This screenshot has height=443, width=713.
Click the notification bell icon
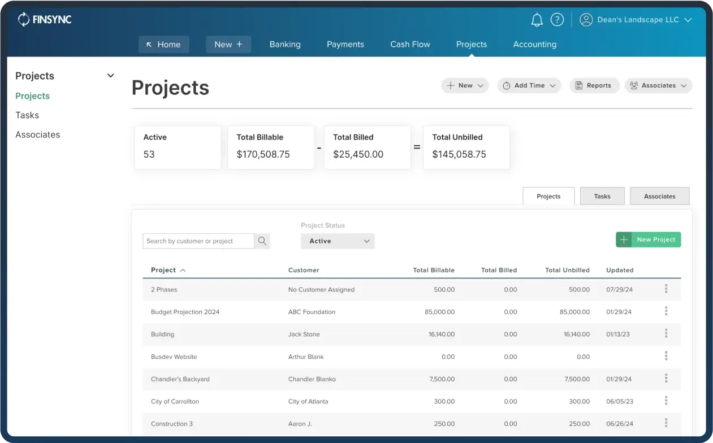pos(537,20)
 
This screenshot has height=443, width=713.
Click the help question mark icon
pos(557,20)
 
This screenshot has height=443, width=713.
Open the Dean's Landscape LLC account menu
pos(636,20)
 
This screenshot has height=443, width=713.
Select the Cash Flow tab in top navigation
pos(410,44)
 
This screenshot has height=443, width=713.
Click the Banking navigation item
pos(285,44)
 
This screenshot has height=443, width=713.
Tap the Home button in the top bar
pos(163,45)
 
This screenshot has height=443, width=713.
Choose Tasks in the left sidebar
pos(27,115)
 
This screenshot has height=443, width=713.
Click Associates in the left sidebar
pos(37,134)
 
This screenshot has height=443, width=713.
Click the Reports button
pos(594,85)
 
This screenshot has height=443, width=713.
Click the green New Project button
pos(648,240)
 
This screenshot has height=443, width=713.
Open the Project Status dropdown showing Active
pos(338,241)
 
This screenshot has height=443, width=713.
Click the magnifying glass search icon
pos(262,241)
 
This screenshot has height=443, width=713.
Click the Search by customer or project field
pos(198,241)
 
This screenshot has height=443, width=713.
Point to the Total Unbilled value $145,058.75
pos(459,154)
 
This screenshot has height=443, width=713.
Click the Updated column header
pos(620,270)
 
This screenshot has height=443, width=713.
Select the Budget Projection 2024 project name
pos(185,312)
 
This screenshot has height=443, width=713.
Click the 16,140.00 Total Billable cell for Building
pos(441,335)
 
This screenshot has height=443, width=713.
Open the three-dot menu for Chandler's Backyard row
pos(666,379)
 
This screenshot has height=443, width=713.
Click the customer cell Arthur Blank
pos(306,357)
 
